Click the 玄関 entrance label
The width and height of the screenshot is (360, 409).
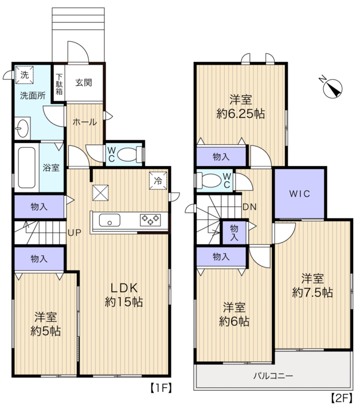click(x=84, y=82)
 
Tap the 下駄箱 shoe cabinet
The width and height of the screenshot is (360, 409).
click(x=59, y=84)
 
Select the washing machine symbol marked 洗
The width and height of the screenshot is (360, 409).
click(x=24, y=75)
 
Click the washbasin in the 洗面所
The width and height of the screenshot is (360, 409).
click(x=22, y=128)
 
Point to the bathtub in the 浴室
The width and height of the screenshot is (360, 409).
click(x=26, y=168)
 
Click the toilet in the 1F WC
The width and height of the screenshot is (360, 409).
click(x=130, y=155)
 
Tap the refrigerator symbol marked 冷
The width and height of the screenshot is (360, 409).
click(x=158, y=180)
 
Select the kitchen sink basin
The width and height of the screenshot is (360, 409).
click(x=109, y=221)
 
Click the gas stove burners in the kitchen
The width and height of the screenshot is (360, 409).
click(x=150, y=219)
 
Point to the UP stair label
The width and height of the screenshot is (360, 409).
click(x=75, y=233)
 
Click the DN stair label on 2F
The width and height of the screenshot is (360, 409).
click(x=249, y=207)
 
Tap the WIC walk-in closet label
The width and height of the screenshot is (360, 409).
click(x=300, y=194)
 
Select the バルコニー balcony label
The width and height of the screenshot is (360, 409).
click(x=273, y=376)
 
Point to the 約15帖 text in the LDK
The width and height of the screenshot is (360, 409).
click(x=124, y=302)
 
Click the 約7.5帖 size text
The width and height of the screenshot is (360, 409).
click(x=312, y=293)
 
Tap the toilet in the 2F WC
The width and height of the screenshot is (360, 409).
click(x=209, y=180)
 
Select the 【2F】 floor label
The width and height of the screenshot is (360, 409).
click(x=342, y=398)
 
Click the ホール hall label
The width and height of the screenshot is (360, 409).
click(x=85, y=122)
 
